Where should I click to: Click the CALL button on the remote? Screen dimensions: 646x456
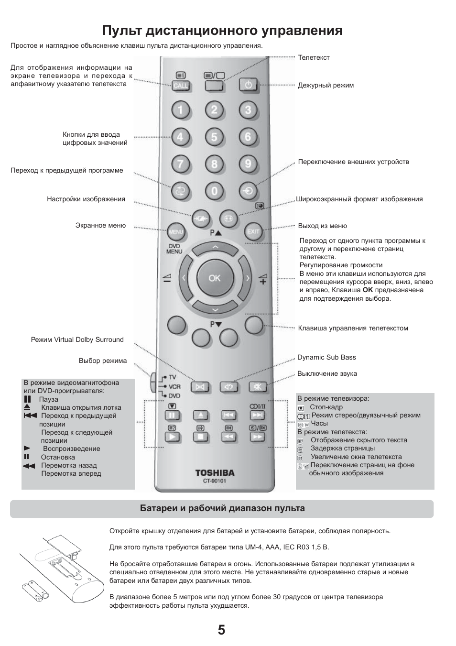click(x=181, y=86)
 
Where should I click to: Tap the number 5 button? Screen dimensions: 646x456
click(x=214, y=138)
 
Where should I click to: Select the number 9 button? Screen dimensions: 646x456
click(x=248, y=164)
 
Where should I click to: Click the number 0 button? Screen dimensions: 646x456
click(x=214, y=192)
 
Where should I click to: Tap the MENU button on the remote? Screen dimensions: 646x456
click(x=176, y=232)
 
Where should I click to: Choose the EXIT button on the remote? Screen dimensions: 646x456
click(x=253, y=232)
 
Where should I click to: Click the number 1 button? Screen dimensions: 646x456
click(x=181, y=110)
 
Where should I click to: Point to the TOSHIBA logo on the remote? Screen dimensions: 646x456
click(x=215, y=473)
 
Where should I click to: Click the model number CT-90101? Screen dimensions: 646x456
click(x=215, y=481)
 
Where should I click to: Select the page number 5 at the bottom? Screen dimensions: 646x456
click(x=221, y=630)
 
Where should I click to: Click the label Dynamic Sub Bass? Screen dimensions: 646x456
click(x=326, y=357)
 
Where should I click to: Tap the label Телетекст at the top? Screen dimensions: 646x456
click(x=314, y=57)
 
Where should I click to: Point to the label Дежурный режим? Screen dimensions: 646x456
click(x=326, y=85)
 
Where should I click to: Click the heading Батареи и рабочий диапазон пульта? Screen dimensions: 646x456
click(x=222, y=508)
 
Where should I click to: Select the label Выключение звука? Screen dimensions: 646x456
click(x=327, y=373)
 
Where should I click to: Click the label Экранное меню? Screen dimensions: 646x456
click(x=100, y=225)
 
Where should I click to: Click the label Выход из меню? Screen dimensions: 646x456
click(x=322, y=226)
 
